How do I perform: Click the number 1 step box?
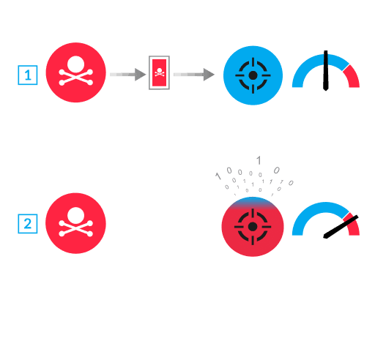(x=27, y=75)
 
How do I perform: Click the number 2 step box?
(x=27, y=224)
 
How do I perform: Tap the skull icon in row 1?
(x=75, y=73)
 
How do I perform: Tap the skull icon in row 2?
(x=75, y=223)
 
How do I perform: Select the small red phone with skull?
(x=159, y=73)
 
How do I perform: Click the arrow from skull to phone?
(x=127, y=74)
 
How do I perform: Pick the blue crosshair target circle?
(x=253, y=75)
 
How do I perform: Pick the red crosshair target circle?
(x=253, y=227)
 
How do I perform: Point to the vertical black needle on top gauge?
(x=326, y=72)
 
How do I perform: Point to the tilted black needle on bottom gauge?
(x=341, y=227)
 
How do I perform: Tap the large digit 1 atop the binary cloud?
(x=258, y=160)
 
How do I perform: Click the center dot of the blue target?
(x=253, y=75)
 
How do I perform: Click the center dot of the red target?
(x=253, y=227)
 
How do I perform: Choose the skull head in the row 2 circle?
(x=75, y=215)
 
